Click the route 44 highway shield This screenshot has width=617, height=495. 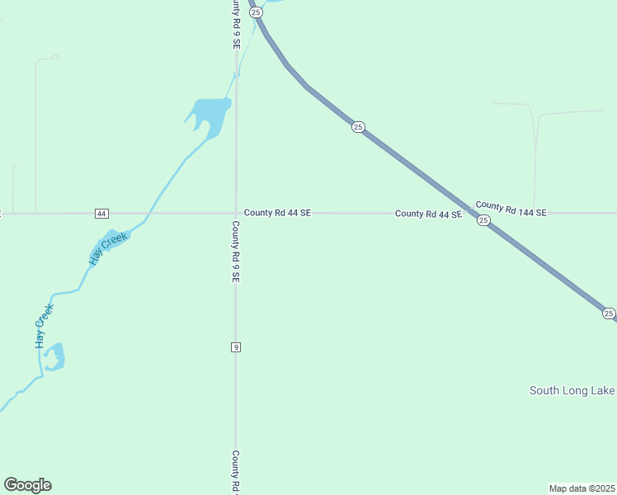tap(101, 213)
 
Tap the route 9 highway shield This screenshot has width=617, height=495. tap(236, 347)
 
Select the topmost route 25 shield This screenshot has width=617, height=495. tap(256, 12)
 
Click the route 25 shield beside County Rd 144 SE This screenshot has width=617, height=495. tap(483, 220)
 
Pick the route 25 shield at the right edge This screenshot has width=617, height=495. tap(608, 313)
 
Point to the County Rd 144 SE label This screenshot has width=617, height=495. tap(511, 209)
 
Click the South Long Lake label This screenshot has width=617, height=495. tap(572, 390)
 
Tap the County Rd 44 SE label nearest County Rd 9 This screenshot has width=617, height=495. tap(277, 213)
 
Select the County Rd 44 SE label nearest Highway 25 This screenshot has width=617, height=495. tap(427, 214)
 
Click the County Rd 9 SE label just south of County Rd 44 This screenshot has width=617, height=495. tap(236, 252)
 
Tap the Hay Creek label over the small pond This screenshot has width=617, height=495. tap(108, 248)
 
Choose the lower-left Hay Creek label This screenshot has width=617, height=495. tap(45, 325)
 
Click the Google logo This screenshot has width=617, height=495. tap(27, 485)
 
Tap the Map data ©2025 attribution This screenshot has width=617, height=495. tap(582, 488)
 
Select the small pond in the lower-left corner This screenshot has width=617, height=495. tap(54, 357)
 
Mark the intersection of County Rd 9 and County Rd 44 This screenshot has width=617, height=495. tap(236, 213)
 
